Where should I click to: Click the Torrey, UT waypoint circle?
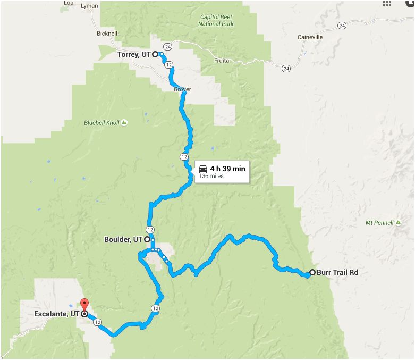(x=155, y=54)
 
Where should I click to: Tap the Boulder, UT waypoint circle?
(x=147, y=239)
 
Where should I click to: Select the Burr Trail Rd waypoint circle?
(x=312, y=272)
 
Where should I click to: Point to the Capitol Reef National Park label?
(x=216, y=20)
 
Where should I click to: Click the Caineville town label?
(x=311, y=37)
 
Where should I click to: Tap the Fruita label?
(x=222, y=61)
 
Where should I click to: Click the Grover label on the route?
(x=182, y=89)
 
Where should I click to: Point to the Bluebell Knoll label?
(x=101, y=123)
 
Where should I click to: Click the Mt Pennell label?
(x=379, y=222)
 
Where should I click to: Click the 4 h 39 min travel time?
(x=227, y=169)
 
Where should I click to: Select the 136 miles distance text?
(x=211, y=176)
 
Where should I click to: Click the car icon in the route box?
(x=203, y=169)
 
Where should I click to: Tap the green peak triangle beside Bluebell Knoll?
(x=124, y=123)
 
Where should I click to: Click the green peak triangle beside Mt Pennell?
(x=397, y=222)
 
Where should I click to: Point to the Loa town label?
(x=68, y=3)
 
